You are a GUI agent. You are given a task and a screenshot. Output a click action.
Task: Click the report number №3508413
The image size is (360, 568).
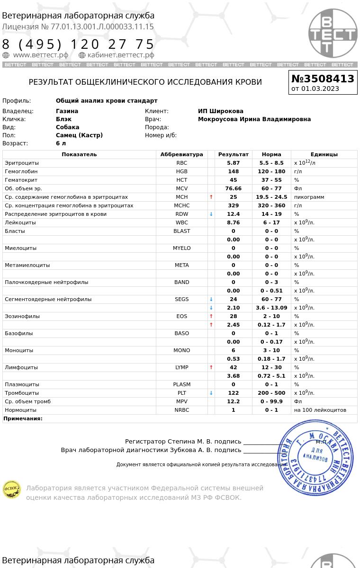click(323, 79)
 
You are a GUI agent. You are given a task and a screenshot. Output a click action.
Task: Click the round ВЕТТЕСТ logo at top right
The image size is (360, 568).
click(333, 33)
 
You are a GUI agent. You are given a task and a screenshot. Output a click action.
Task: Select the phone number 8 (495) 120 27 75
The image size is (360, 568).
click(79, 44)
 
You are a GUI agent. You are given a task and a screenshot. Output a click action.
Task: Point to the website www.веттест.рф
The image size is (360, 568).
click(41, 55)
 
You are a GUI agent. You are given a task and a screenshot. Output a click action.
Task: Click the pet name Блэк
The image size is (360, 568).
click(63, 119)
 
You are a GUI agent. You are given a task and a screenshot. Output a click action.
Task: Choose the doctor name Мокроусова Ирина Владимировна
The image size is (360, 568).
click(254, 119)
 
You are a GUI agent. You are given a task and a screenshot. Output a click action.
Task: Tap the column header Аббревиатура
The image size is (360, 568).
click(181, 154)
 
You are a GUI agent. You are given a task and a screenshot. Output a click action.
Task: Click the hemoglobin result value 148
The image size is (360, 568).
click(233, 171)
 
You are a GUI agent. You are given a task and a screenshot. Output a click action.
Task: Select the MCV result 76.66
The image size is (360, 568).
click(233, 188)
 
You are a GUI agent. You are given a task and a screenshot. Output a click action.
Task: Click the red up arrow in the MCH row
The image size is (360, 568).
click(211, 197)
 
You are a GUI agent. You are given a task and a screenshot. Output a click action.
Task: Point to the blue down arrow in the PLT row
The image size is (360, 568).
click(211, 393)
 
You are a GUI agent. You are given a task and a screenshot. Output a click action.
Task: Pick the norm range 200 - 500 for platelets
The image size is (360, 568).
click(271, 393)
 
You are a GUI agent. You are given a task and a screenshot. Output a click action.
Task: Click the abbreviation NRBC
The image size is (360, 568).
click(181, 410)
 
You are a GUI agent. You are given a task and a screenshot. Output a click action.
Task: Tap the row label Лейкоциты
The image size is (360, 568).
click(20, 222)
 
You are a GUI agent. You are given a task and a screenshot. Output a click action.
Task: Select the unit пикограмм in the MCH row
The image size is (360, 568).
click(309, 197)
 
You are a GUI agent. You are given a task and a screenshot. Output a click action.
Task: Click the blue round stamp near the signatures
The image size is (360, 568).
click(315, 457)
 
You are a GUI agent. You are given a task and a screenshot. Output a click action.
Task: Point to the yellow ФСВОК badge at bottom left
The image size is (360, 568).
click(12, 489)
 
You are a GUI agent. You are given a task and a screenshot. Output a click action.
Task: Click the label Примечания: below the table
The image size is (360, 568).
click(23, 418)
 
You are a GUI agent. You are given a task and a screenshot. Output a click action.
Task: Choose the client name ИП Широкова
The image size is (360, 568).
click(221, 111)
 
